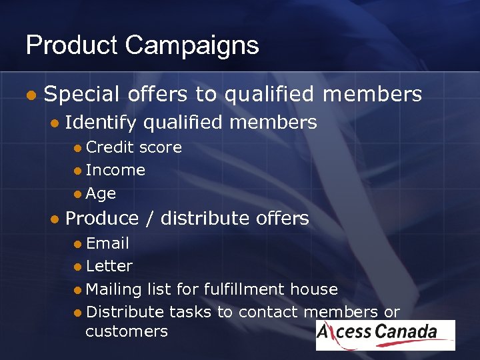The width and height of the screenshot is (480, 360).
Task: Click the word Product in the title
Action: [71, 45]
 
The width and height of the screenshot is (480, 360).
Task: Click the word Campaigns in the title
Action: [191, 45]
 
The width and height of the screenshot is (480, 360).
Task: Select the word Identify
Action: [101, 123]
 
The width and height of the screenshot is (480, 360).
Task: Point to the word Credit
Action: [110, 147]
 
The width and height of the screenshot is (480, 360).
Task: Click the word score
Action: [160, 147]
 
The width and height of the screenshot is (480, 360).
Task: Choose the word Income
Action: [115, 170]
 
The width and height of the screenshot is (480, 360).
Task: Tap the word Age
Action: [101, 194]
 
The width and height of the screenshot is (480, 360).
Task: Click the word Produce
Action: [102, 218]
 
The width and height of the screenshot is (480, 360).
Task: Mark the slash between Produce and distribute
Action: [149, 218]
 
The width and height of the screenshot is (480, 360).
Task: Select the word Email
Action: [107, 243]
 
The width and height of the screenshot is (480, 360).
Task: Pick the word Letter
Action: [109, 266]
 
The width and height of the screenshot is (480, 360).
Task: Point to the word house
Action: [315, 289]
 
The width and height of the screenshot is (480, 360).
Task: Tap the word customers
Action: [127, 331]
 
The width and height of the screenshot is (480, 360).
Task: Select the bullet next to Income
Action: [78, 171]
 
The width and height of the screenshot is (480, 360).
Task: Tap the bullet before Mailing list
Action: [78, 290]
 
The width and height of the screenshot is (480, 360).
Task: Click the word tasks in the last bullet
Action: [190, 312]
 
